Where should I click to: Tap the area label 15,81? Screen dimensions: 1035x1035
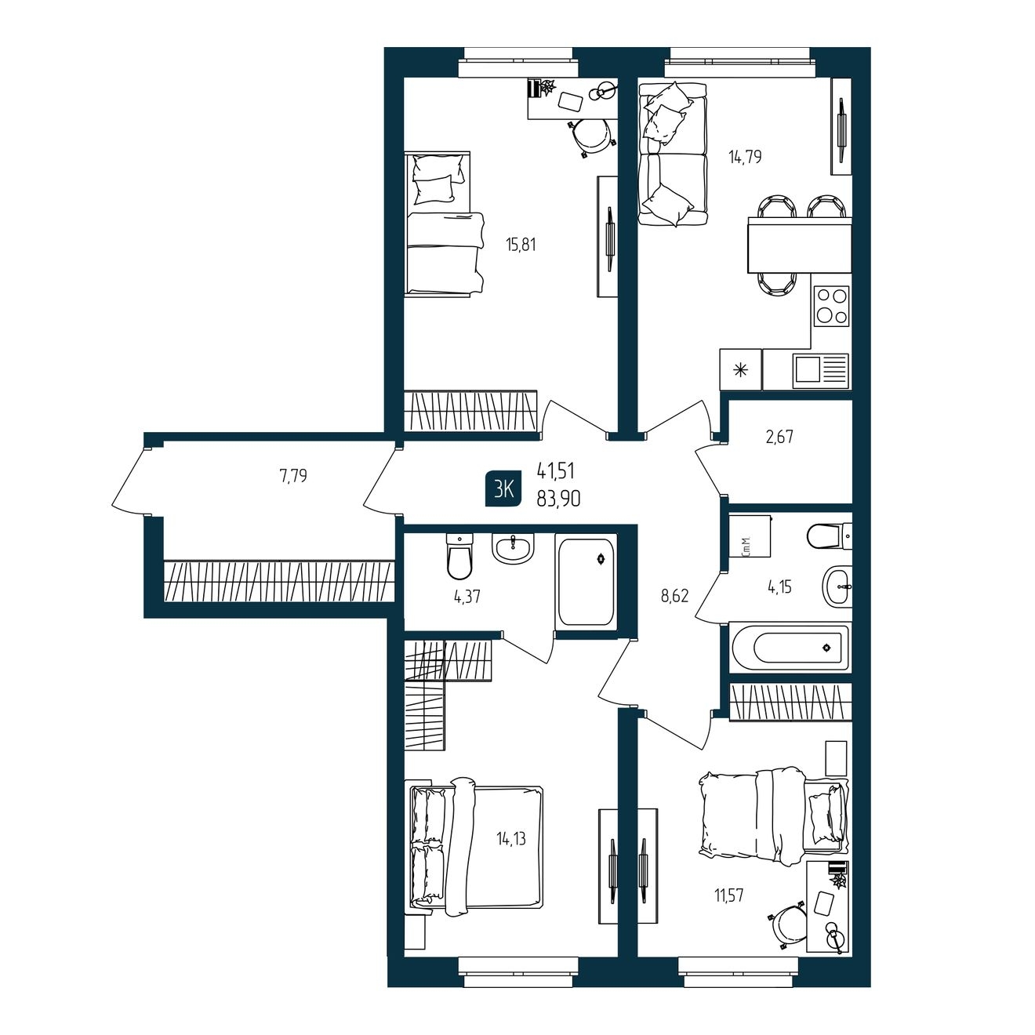tap(521, 245)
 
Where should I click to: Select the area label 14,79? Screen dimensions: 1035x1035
tap(745, 158)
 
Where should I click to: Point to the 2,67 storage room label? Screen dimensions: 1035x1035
tap(779, 437)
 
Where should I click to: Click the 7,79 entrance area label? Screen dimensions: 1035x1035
tap(293, 475)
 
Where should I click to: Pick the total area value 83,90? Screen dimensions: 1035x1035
tap(558, 500)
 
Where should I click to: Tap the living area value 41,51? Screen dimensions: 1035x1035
tap(556, 471)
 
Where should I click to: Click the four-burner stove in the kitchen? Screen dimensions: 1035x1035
tap(831, 306)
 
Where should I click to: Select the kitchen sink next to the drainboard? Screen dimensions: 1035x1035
tap(807, 370)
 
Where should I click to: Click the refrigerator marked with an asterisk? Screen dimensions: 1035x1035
tap(741, 369)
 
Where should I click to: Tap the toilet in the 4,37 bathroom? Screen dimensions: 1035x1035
tap(459, 557)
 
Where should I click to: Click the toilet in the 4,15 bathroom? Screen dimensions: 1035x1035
tap(830, 536)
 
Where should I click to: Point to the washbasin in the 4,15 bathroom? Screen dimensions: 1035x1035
tap(837, 586)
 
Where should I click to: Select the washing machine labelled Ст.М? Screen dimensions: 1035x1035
tap(750, 536)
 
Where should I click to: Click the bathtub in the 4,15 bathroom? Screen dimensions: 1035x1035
tap(790, 648)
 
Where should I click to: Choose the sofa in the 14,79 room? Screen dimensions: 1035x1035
tap(673, 154)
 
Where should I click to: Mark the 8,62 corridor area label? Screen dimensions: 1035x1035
tap(674, 596)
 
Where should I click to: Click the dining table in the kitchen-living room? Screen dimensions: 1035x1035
tap(800, 245)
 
